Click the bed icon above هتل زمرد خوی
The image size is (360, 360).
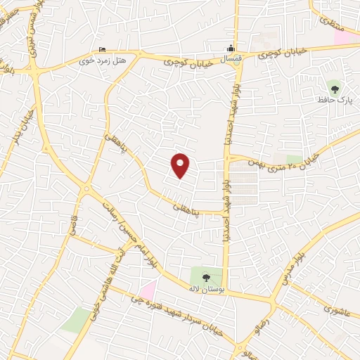[103, 51]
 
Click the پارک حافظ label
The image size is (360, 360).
[335, 102]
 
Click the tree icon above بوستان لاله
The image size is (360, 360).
[205, 277]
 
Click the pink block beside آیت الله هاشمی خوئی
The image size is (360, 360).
[147, 288]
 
